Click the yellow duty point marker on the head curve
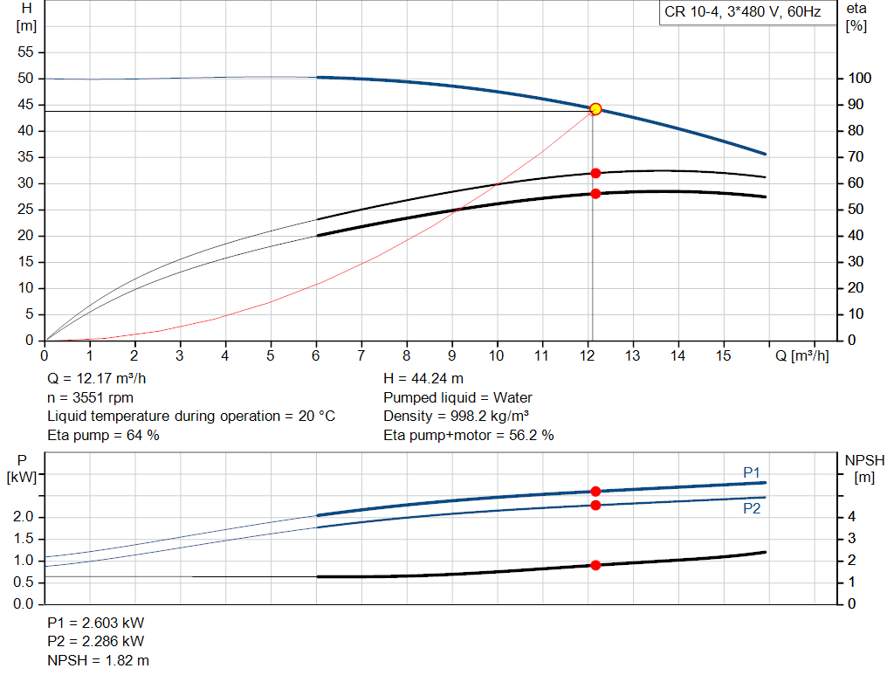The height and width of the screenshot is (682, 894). (595, 109)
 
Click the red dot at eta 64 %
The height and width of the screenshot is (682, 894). (595, 173)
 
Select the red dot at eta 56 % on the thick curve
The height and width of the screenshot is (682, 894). (595, 194)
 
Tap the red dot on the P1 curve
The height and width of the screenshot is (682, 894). (595, 492)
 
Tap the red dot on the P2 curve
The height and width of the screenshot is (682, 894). (595, 506)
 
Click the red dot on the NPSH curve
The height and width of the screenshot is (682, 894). (595, 565)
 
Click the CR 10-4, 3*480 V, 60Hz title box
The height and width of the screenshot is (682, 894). (741, 13)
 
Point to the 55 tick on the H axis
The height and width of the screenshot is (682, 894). (25, 52)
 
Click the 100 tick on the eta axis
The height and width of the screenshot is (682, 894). (860, 79)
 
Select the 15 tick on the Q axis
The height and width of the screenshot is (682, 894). (724, 356)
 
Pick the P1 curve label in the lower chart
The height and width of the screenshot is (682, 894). (752, 472)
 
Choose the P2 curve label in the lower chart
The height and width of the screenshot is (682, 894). (752, 508)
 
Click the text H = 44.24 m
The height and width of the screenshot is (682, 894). (423, 379)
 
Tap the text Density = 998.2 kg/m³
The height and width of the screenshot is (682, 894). (457, 416)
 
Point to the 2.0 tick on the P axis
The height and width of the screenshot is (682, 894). (24, 517)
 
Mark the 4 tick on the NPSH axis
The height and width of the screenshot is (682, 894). (852, 517)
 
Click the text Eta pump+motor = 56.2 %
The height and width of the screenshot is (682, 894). (468, 434)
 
